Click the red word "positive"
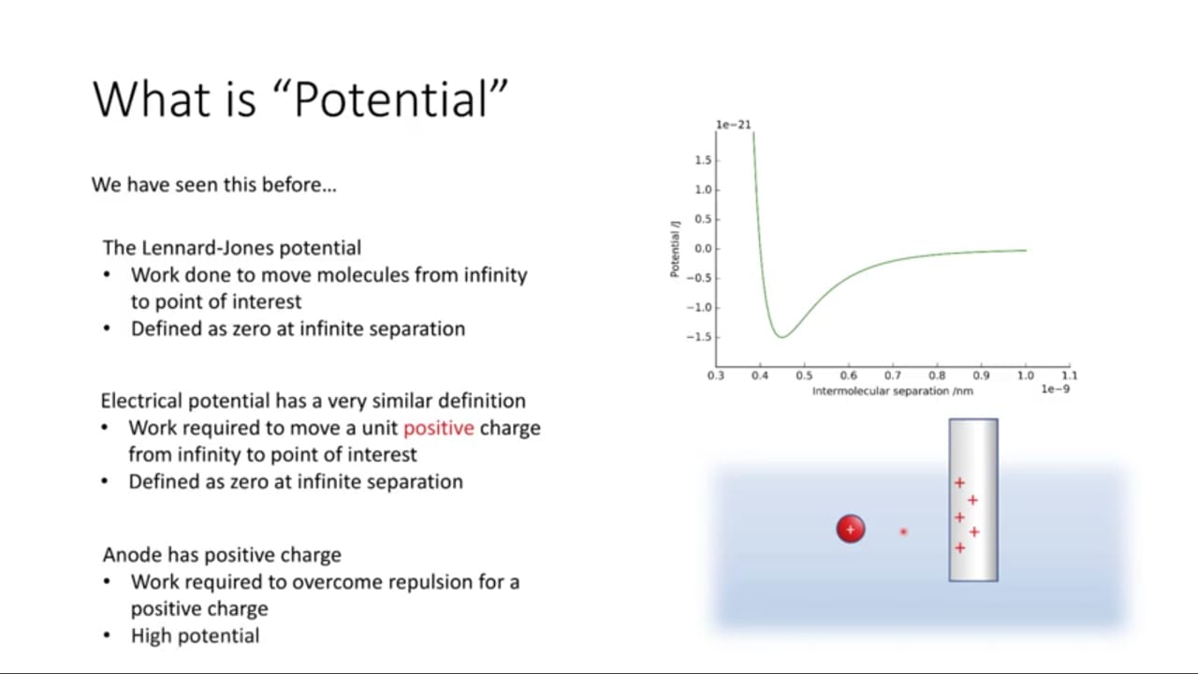coord(439,429)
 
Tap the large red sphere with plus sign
coord(851,529)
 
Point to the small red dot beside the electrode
coord(903,532)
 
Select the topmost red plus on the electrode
coord(959,483)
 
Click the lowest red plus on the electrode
coord(960,548)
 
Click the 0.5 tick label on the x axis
coord(804,375)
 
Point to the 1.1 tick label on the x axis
coord(1069,375)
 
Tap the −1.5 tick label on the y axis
coord(699,337)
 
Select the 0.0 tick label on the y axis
coord(703,249)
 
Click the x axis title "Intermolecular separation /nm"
coord(893,391)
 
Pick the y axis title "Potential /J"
coord(675,249)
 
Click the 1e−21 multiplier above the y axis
coord(733,125)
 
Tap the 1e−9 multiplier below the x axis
coord(1055,388)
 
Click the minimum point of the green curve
coord(782,337)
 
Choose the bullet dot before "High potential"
coord(107,636)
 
